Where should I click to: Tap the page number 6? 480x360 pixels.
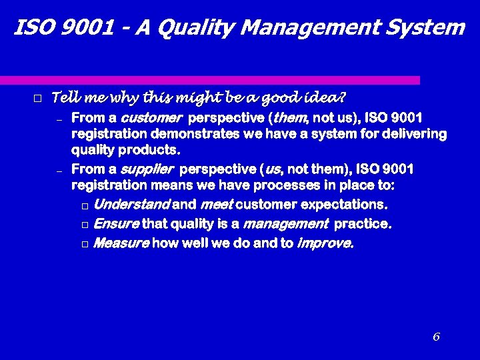436,337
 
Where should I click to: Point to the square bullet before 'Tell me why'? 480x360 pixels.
37,99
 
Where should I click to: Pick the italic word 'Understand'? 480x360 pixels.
131,204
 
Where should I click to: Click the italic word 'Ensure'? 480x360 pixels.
116,224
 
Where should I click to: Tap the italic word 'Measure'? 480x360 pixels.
121,243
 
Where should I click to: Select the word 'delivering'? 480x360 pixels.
416,134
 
